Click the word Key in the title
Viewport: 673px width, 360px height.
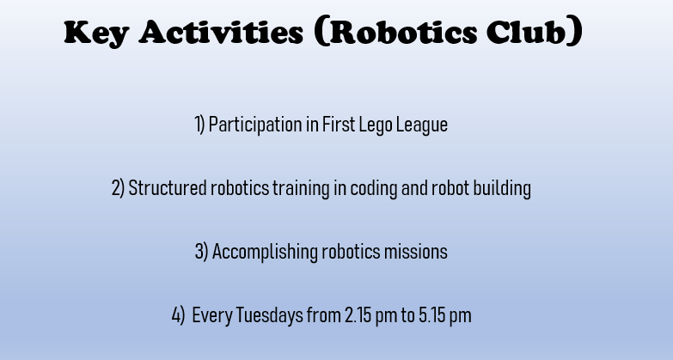[x=96, y=34]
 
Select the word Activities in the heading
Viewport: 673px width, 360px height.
[x=221, y=32]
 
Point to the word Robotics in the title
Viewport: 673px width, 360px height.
[x=403, y=32]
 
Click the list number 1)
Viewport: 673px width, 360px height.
[x=199, y=125]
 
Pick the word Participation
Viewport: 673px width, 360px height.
[x=255, y=125]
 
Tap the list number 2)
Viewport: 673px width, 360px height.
[x=118, y=188]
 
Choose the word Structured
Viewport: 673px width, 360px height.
[x=168, y=188]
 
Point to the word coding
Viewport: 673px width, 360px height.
[x=374, y=189]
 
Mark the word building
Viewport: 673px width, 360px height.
[x=502, y=189]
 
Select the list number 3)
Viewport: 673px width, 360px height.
[x=201, y=252]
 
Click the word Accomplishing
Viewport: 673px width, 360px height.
[x=265, y=252]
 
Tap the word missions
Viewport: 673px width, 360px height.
[x=415, y=252]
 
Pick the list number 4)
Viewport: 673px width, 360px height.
[x=178, y=315]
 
